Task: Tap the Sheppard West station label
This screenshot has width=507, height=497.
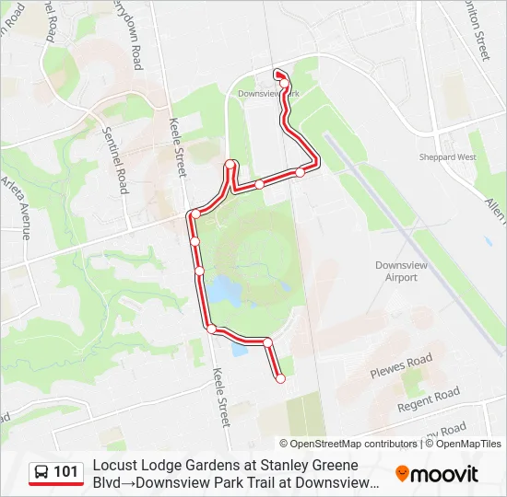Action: coord(454,157)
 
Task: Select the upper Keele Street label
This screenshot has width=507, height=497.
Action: coord(178,147)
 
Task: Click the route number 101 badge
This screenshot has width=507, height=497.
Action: coord(65,472)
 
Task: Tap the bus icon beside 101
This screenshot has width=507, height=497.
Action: coord(41,472)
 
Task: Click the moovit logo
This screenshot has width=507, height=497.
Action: coord(437,474)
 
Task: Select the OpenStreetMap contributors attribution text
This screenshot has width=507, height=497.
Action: coord(348,444)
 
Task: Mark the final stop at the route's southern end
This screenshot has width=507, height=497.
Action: coord(280,378)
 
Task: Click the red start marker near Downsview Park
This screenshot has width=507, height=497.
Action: coord(278,75)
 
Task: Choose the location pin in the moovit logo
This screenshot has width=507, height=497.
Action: coord(402,474)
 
